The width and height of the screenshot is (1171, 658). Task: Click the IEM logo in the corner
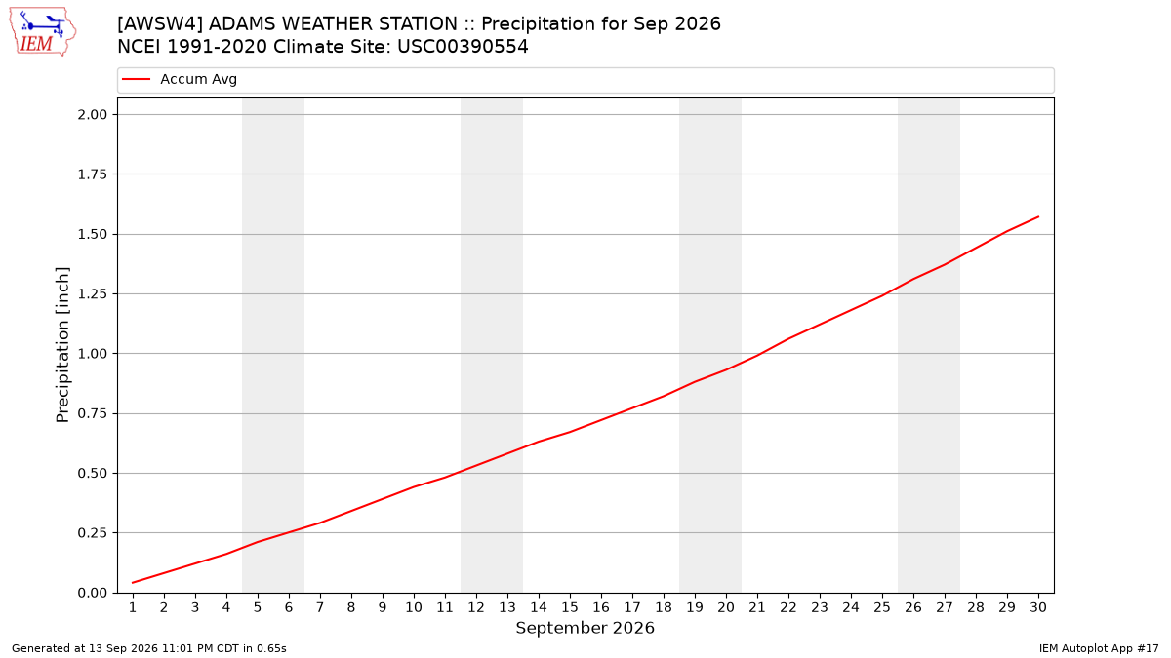coord(43,32)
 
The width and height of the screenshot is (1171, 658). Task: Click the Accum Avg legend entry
coord(180,79)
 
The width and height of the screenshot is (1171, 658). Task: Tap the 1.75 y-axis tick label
coord(93,174)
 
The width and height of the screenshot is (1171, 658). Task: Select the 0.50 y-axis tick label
coord(93,473)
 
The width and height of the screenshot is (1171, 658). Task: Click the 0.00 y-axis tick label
coord(93,593)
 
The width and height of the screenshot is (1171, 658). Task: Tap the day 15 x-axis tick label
coord(570,607)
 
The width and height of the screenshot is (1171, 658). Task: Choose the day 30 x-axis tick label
coord(1038,607)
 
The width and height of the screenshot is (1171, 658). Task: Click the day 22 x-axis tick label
coord(788,607)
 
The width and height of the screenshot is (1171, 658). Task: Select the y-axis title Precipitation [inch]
coord(62,345)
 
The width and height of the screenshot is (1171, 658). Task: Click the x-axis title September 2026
coord(585,628)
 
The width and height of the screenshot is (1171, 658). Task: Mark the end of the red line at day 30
coord(1038,216)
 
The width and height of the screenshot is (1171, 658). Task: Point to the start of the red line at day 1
coord(133,583)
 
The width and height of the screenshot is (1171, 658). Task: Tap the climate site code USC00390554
coord(463,47)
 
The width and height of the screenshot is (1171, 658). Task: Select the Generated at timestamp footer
coord(149,648)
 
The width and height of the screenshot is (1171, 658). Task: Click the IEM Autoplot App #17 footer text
coord(1099,648)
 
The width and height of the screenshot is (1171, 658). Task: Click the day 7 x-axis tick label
coord(320,607)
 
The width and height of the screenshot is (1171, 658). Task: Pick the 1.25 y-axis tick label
coord(93,293)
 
